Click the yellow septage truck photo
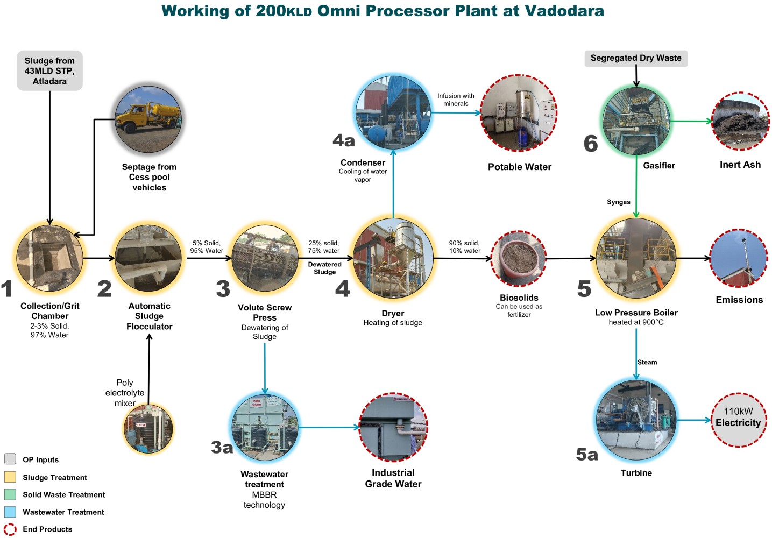(148, 119)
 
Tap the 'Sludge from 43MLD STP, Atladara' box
(49, 71)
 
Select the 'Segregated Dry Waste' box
(636, 58)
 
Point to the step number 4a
(344, 141)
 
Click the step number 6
(591, 144)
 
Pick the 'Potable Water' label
(519, 167)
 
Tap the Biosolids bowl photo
(519, 259)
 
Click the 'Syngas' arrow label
(618, 202)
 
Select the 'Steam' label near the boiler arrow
(647, 362)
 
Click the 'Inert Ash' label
(740, 165)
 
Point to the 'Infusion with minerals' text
(456, 100)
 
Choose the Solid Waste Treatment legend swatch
(10, 494)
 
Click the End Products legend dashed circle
(10, 529)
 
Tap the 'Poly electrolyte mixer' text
(125, 393)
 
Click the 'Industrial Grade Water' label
(393, 478)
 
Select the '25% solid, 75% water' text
(323, 247)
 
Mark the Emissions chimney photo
(738, 258)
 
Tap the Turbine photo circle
(636, 420)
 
